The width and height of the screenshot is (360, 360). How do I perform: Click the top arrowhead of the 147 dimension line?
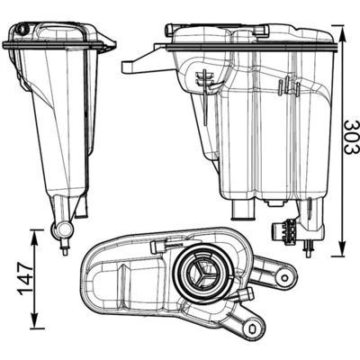(x=34, y=232)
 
